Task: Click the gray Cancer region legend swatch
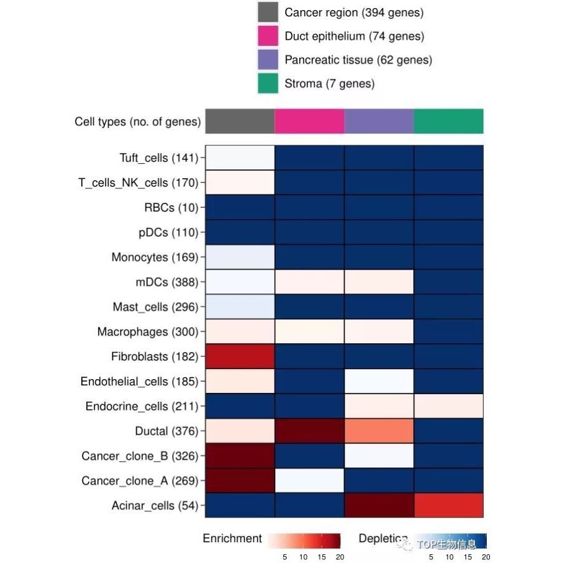point(268,13)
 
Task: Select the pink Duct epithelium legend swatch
point(268,37)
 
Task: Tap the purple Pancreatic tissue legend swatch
point(268,60)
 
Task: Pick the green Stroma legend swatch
point(268,83)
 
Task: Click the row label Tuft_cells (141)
point(159,157)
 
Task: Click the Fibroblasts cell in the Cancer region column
point(240,356)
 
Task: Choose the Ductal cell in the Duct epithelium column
point(309,431)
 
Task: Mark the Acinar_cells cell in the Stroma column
point(448,505)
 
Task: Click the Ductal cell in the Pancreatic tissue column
point(379,431)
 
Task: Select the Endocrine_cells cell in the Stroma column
point(448,406)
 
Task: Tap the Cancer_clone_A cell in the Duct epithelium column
point(309,481)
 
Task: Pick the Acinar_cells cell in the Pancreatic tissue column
point(379,505)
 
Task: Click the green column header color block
point(448,121)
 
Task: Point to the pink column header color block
point(309,121)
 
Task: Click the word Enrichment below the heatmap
point(232,538)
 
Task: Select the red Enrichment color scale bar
point(304,540)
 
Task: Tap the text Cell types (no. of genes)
point(137,122)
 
